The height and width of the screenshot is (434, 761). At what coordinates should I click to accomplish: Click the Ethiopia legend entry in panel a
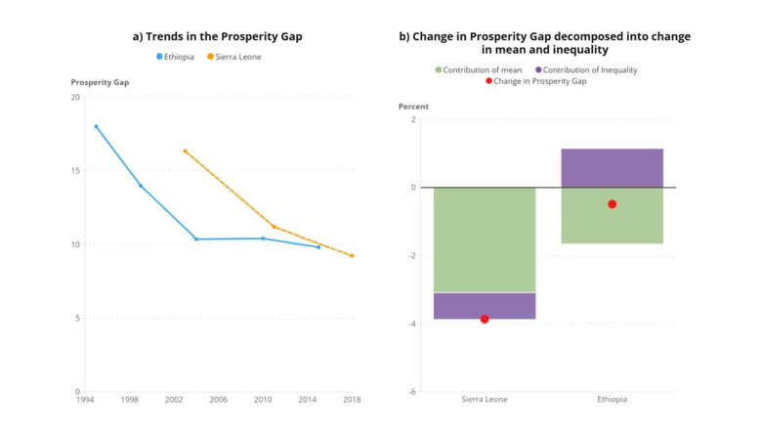tap(180, 57)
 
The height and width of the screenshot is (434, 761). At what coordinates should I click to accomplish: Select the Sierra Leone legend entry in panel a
tap(238, 57)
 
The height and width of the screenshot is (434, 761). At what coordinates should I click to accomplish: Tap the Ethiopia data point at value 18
tap(96, 126)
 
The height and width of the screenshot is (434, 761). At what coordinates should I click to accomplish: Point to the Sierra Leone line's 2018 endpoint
tap(352, 256)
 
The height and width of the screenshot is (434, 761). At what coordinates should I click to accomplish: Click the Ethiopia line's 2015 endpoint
tap(318, 247)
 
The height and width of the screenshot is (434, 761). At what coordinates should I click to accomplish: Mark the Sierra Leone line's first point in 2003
tap(185, 151)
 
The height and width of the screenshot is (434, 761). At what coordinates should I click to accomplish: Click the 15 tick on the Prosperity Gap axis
tap(75, 171)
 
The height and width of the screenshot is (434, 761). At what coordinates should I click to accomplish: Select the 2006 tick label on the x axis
tap(218, 400)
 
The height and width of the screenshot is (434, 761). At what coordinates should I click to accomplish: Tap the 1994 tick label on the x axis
tap(85, 400)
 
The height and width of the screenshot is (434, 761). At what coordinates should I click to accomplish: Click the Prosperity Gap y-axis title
tap(100, 82)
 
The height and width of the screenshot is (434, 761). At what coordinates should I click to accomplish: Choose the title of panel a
tap(217, 36)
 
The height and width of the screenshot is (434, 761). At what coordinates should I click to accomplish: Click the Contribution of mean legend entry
tap(482, 69)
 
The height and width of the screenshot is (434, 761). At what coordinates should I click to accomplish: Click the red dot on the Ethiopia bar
tap(613, 204)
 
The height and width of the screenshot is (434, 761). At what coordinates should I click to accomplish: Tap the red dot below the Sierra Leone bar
tap(485, 319)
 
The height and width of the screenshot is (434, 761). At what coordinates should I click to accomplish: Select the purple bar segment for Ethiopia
tap(613, 167)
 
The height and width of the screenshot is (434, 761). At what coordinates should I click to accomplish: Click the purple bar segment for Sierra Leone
tap(485, 305)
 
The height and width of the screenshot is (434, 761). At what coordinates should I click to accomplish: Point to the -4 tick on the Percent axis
tap(411, 324)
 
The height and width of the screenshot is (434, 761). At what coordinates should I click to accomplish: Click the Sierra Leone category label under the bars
tap(485, 400)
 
